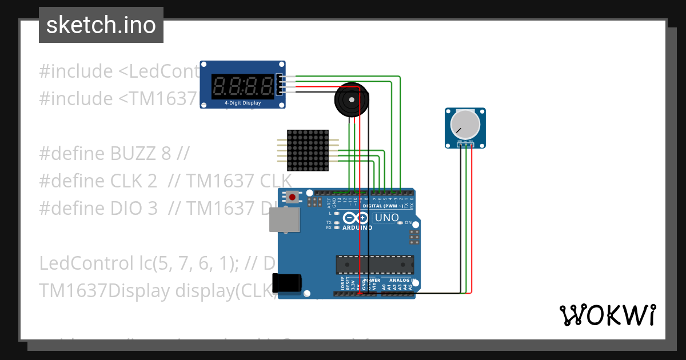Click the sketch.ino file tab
[101, 25]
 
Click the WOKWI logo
[607, 315]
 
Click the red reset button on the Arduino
[293, 198]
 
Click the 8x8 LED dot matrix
[308, 150]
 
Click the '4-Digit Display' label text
[242, 103]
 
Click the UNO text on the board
[386, 218]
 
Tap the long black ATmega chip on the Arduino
[374, 264]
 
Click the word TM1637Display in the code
[105, 291]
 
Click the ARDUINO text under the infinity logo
[357, 227]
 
